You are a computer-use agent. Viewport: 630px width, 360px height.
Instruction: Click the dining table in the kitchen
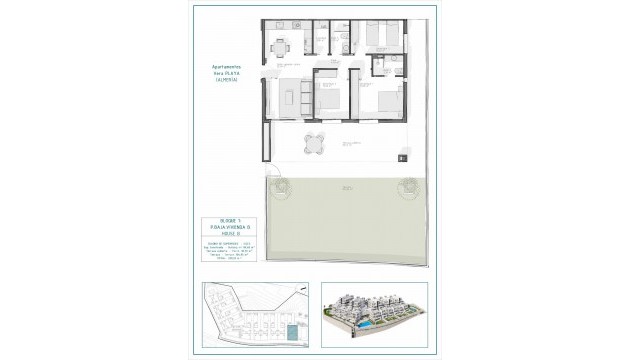(x=283, y=45)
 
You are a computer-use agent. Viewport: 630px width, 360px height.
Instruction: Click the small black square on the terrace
(x=400, y=156)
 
